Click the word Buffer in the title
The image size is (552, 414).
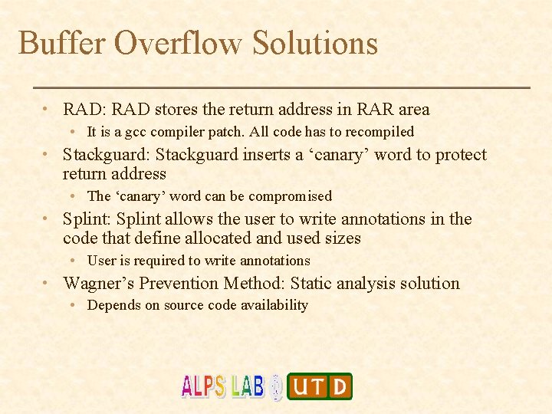tap(61, 43)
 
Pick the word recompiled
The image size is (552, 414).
tap(377, 132)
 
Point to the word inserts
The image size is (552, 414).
tap(267, 155)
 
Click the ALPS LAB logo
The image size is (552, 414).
tap(222, 386)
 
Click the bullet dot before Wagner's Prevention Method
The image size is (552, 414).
tap(48, 284)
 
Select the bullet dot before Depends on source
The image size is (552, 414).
tap(72, 305)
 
